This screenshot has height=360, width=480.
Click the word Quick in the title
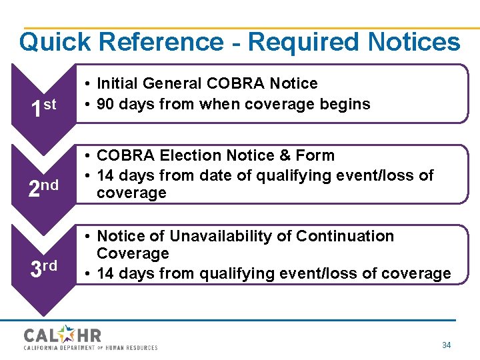click(x=55, y=43)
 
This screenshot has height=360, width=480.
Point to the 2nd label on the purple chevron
click(x=43, y=189)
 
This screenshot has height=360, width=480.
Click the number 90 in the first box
click(x=107, y=105)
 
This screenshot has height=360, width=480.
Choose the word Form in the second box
click(x=317, y=156)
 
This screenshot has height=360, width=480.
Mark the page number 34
click(x=446, y=345)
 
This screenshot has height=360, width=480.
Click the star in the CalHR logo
click(x=69, y=333)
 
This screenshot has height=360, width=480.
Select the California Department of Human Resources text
click(x=91, y=348)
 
